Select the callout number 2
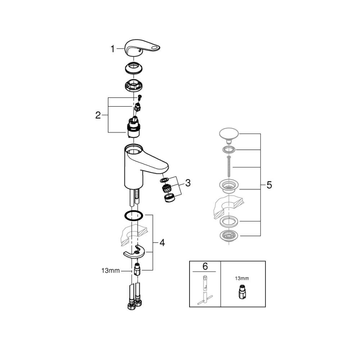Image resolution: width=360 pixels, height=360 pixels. pyautogui.click(x=98, y=115)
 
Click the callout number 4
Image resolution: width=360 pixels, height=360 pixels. pyautogui.click(x=162, y=243)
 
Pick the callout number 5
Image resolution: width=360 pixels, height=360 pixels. pyautogui.click(x=269, y=185)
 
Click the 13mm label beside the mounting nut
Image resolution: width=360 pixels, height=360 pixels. pyautogui.click(x=111, y=270)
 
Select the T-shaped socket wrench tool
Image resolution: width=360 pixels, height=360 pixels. pyautogui.click(x=205, y=289)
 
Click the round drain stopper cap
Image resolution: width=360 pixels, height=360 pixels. pyautogui.click(x=228, y=134)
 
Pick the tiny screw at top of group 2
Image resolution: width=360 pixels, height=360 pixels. pyautogui.click(x=139, y=98)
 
